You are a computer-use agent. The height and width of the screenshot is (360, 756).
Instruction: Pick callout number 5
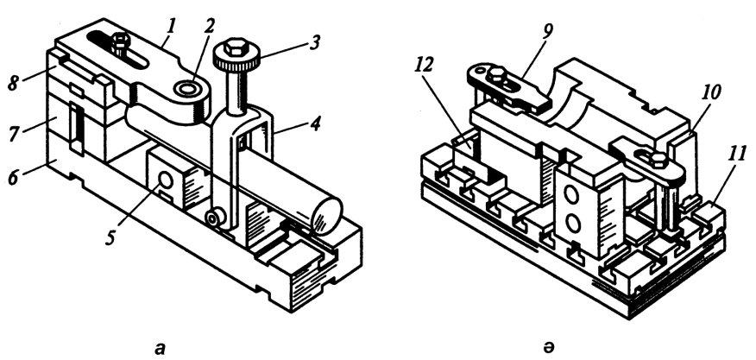click(111, 237)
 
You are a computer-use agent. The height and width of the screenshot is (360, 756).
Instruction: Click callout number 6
click(13, 178)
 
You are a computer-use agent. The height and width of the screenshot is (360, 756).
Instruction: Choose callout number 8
click(13, 84)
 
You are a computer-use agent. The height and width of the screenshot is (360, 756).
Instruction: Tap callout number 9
click(547, 31)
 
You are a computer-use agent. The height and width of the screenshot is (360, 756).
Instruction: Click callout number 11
click(738, 155)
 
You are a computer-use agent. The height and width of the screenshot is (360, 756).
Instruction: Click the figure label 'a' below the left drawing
click(160, 349)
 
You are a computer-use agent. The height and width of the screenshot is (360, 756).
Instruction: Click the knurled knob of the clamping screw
click(236, 56)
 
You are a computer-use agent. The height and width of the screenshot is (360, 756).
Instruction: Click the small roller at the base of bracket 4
click(212, 218)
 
